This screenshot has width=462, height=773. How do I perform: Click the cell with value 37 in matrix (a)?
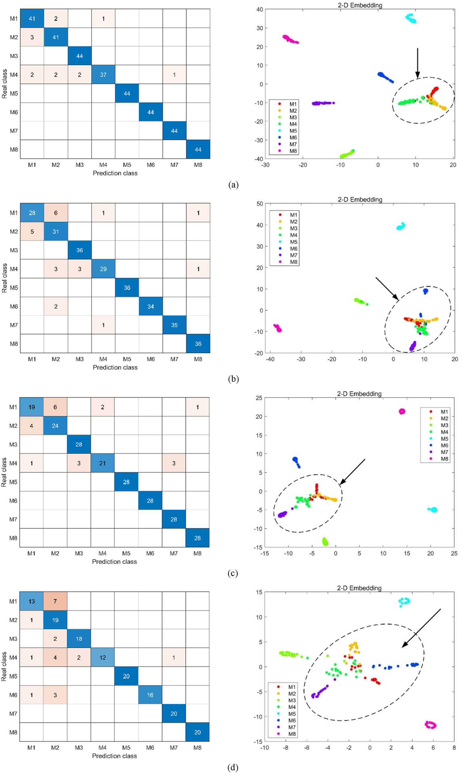click(x=103, y=75)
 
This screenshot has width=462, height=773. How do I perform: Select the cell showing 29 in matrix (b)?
click(x=103, y=269)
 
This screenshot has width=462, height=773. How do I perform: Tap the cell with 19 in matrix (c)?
click(x=32, y=407)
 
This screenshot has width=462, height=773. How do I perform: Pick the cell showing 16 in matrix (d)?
click(x=150, y=695)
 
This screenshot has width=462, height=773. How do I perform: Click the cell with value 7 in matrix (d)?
click(x=55, y=601)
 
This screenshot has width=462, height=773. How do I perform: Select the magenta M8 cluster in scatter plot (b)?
click(x=278, y=328)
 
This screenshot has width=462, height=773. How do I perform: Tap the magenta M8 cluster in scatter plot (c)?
click(x=402, y=411)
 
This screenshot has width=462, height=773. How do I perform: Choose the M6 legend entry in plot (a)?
click(x=289, y=137)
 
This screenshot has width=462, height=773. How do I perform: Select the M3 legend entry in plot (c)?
click(x=440, y=425)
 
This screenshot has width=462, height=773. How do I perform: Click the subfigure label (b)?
click(x=233, y=379)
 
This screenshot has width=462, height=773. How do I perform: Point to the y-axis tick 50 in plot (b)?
click(x=259, y=204)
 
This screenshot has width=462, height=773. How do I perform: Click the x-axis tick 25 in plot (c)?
click(x=454, y=553)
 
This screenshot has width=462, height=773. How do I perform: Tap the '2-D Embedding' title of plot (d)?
click(x=359, y=588)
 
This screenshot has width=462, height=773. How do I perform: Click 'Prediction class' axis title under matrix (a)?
click(x=115, y=173)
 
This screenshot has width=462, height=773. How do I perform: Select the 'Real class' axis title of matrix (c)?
click(x=4, y=472)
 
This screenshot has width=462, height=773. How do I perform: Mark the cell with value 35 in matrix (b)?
click(x=174, y=325)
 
